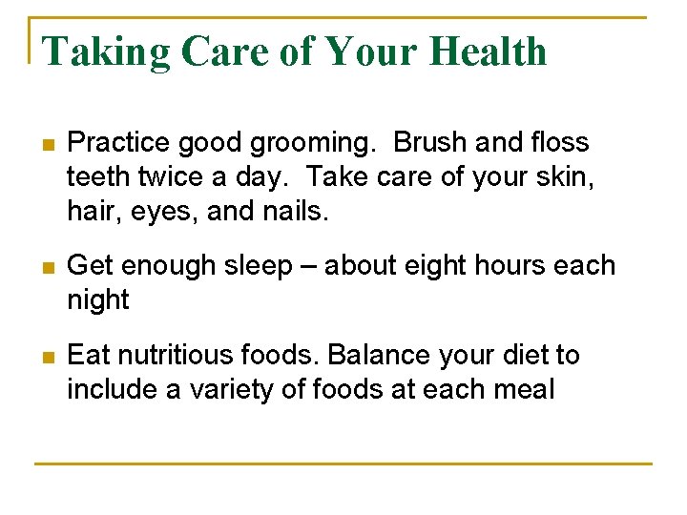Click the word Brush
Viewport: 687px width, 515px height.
(x=430, y=143)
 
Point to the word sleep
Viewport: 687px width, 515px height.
(x=256, y=267)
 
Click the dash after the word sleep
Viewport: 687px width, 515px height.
(x=309, y=266)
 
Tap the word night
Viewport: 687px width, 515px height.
(x=97, y=300)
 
